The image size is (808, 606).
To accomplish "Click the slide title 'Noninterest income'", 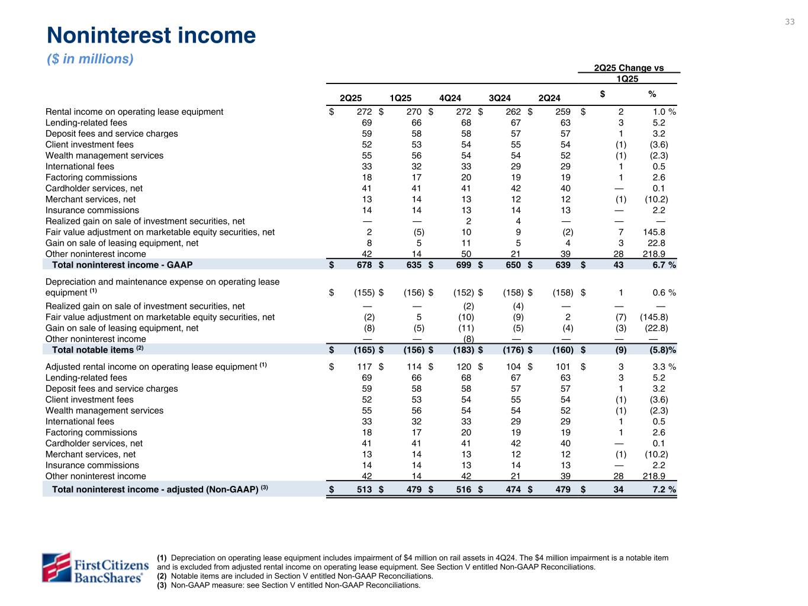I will [x=151, y=36].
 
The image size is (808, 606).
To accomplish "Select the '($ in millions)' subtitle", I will [x=90, y=59].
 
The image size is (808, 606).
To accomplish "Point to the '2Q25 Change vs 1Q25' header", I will [x=629, y=73].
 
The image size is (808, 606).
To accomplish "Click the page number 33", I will [x=790, y=22].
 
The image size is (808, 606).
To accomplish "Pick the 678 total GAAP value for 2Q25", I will [x=363, y=265].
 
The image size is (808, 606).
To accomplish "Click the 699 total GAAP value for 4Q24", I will [x=463, y=265].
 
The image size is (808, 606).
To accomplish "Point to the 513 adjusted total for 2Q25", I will [x=363, y=489].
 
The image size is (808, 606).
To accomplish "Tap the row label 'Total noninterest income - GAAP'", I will [x=122, y=265].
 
